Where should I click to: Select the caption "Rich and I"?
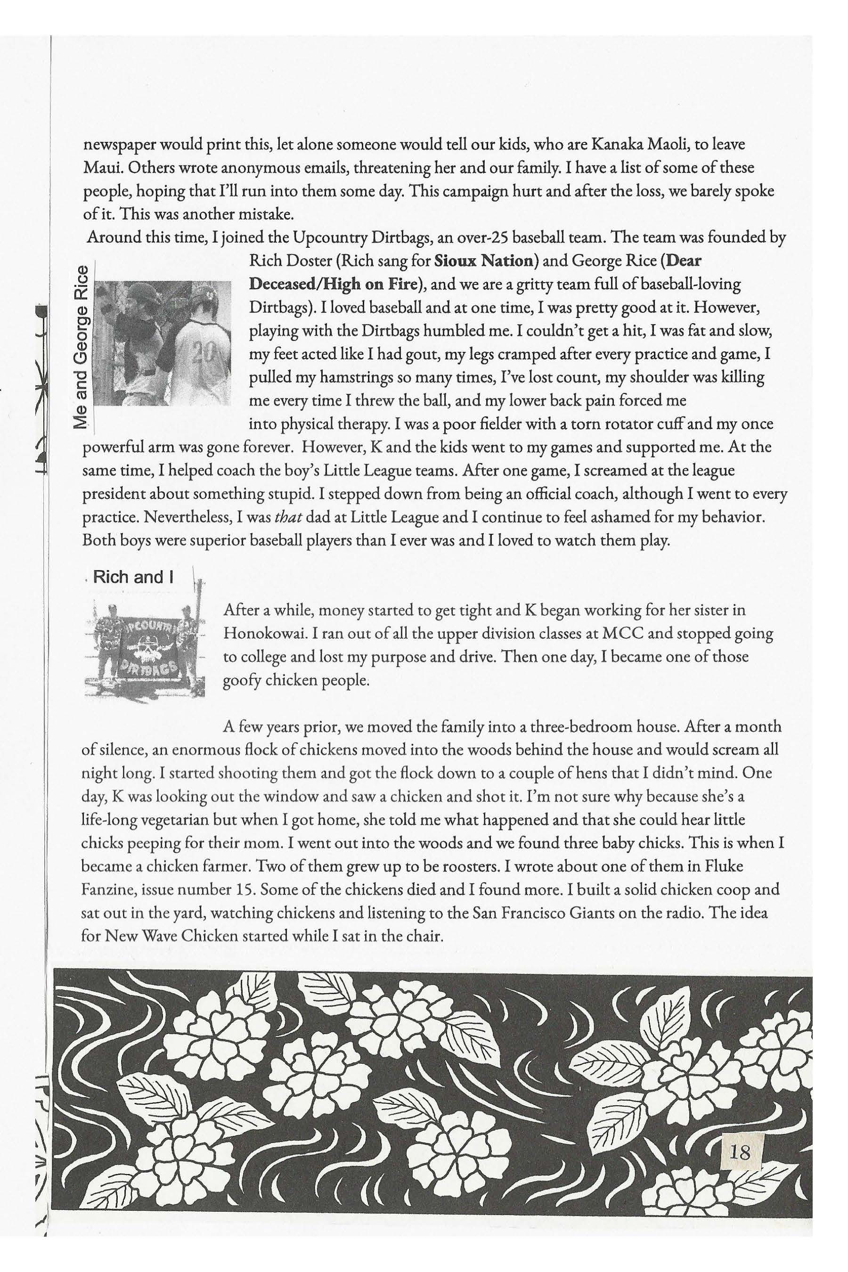coord(133,577)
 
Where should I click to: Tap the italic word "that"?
coord(285,516)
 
